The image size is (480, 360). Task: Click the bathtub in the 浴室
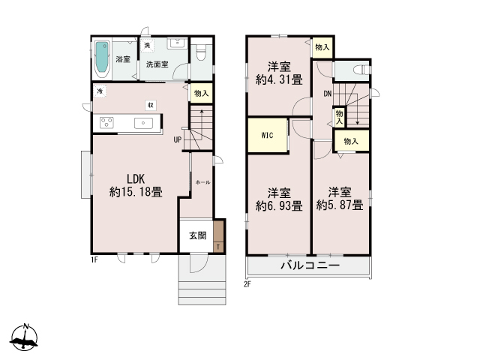tap(103, 58)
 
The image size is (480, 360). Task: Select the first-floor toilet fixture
tap(199, 55)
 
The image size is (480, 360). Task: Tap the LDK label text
tap(136, 179)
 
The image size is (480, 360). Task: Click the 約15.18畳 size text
tap(136, 192)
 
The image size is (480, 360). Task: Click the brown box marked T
tap(218, 245)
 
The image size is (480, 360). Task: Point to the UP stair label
tap(178, 139)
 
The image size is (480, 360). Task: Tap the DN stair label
tap(328, 94)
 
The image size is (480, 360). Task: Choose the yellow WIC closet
tap(267, 136)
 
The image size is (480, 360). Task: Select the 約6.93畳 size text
tap(279, 205)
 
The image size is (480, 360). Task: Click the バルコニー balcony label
tap(310, 266)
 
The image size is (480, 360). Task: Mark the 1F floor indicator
tap(95, 259)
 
